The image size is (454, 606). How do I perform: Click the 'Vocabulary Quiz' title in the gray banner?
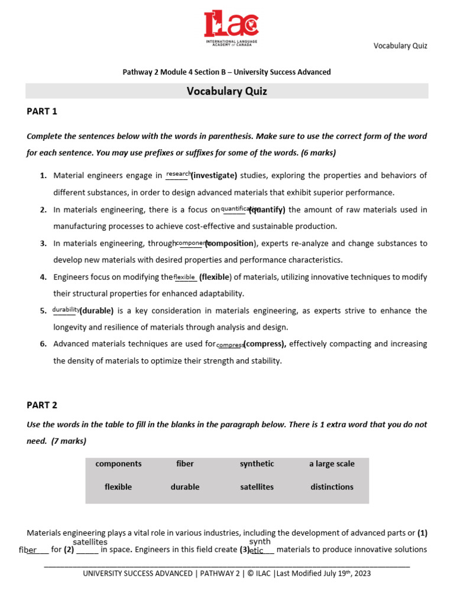coord(227,91)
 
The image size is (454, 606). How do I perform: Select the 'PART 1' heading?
coord(42,111)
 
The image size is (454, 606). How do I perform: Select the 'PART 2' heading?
coord(42,405)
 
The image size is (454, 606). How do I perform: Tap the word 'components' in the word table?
coord(118,464)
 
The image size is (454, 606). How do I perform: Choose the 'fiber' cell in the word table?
coord(185,464)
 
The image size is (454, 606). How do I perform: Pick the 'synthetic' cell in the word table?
coord(257,464)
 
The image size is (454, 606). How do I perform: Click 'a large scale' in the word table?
coord(332,464)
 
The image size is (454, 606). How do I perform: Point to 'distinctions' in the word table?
coord(332,487)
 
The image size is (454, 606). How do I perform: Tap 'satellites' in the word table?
coord(257,487)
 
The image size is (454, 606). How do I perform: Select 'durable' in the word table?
coord(185,487)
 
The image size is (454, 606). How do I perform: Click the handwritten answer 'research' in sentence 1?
coord(179,174)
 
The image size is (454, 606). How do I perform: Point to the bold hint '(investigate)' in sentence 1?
coord(214,176)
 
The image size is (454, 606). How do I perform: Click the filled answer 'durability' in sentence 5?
coord(66,309)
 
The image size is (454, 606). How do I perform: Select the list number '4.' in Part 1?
coord(43,277)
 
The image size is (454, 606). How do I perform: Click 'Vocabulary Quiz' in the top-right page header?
coord(400,46)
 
